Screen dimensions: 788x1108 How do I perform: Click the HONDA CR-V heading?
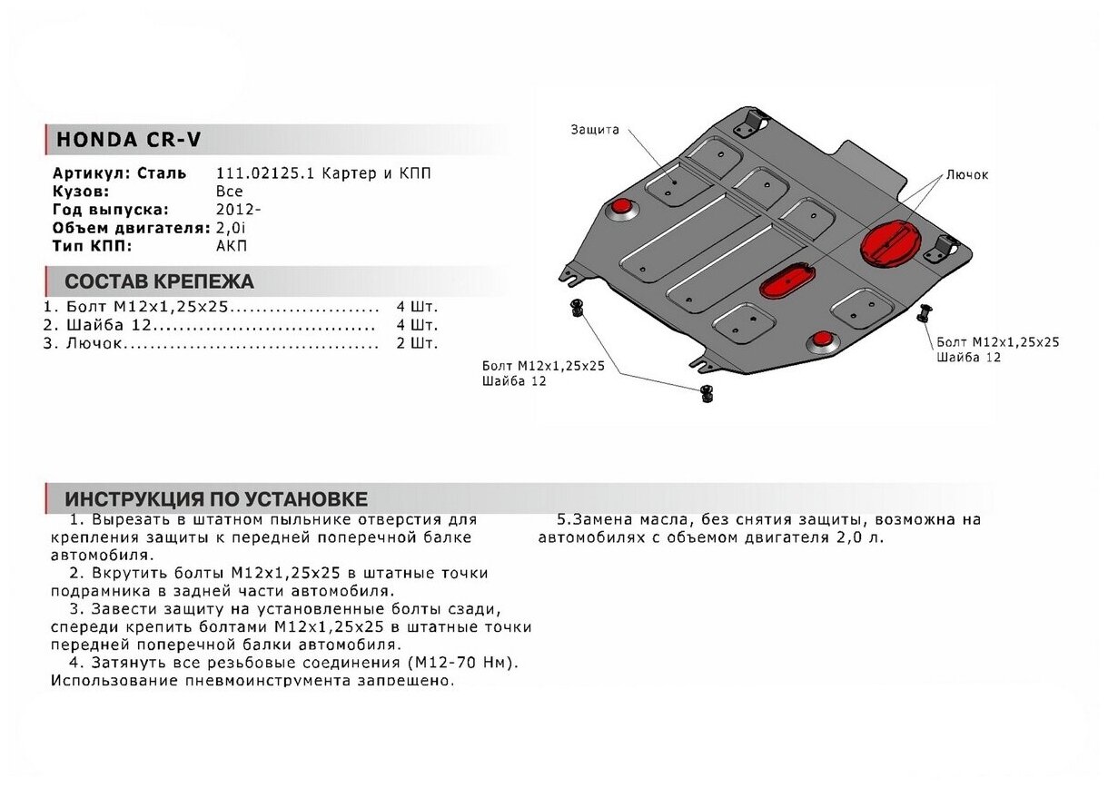pyautogui.click(x=129, y=140)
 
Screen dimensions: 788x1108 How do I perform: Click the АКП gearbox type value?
pyautogui.click(x=231, y=245)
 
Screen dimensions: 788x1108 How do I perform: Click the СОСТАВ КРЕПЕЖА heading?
pyautogui.click(x=159, y=281)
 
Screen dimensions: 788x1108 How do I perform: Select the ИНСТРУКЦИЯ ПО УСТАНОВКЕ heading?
pyautogui.click(x=216, y=499)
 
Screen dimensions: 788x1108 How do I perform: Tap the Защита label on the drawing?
pyautogui.click(x=595, y=130)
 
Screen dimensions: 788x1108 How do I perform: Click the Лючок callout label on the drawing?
pyautogui.click(x=966, y=175)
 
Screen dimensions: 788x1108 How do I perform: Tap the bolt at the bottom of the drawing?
pyautogui.click(x=704, y=392)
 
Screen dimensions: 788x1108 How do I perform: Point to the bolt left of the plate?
pyautogui.click(x=576, y=307)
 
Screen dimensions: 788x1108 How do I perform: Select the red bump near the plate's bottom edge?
pyautogui.click(x=824, y=340)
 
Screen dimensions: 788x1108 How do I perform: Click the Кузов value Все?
pyautogui.click(x=229, y=191)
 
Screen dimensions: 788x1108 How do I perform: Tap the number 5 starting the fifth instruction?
pyautogui.click(x=561, y=520)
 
